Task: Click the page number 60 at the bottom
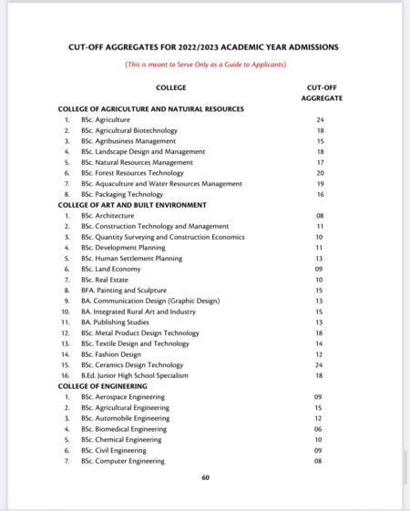(x=206, y=477)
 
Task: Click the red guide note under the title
(x=206, y=64)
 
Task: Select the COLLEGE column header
(x=171, y=87)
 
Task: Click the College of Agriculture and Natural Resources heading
(x=151, y=109)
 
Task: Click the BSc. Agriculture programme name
(x=106, y=120)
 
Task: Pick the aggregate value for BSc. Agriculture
(x=320, y=120)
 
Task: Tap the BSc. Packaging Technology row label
(x=122, y=194)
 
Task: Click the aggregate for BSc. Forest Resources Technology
(x=320, y=173)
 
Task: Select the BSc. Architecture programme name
(x=108, y=216)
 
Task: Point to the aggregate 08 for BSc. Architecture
(x=320, y=216)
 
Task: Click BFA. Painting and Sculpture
(x=131, y=290)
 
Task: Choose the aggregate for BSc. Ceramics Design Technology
(x=320, y=364)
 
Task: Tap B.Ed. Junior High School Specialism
(x=135, y=375)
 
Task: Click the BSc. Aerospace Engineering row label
(x=123, y=397)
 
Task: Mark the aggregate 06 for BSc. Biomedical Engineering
(x=320, y=429)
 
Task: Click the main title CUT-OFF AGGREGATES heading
(x=206, y=46)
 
